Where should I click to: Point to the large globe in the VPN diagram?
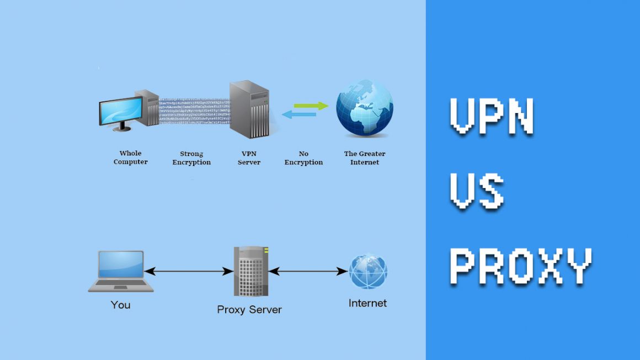(365, 108)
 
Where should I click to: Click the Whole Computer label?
(131, 158)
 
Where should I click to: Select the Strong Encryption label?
(191, 158)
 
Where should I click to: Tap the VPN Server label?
(249, 158)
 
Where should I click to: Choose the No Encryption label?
(303, 158)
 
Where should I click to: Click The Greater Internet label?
(365, 158)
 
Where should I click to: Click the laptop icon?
(121, 271)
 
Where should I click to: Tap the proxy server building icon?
(250, 272)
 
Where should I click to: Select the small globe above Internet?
(368, 271)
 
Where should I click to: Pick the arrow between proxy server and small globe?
(309, 271)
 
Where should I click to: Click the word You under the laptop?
(120, 304)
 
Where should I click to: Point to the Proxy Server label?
(249, 309)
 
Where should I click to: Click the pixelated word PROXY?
(520, 265)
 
